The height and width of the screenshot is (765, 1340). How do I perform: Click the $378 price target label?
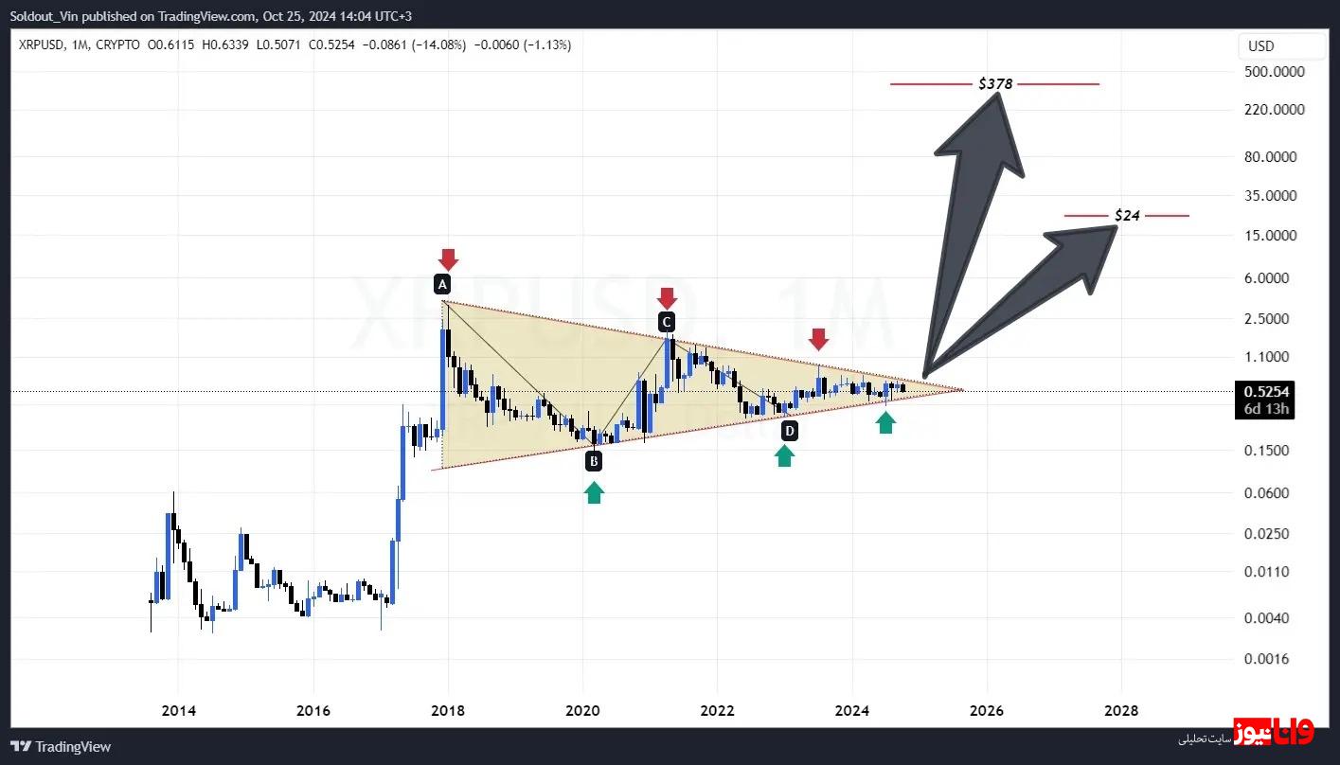pyautogui.click(x=995, y=84)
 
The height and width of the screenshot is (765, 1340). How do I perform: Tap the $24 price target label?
pyautogui.click(x=1127, y=216)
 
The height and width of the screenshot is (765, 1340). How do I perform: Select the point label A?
pyautogui.click(x=442, y=284)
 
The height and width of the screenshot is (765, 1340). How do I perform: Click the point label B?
pyautogui.click(x=594, y=461)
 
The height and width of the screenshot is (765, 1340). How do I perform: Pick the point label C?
pyautogui.click(x=667, y=322)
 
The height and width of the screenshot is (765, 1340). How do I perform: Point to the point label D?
pyautogui.click(x=789, y=432)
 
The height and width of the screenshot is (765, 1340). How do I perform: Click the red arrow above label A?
pyautogui.click(x=448, y=258)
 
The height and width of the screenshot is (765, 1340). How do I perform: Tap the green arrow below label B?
pyautogui.click(x=594, y=492)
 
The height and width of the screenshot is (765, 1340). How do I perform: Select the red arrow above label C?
pyautogui.click(x=667, y=297)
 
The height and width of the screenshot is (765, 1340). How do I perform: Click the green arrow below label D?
pyautogui.click(x=784, y=456)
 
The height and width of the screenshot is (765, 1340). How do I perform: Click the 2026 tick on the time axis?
pyautogui.click(x=987, y=710)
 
